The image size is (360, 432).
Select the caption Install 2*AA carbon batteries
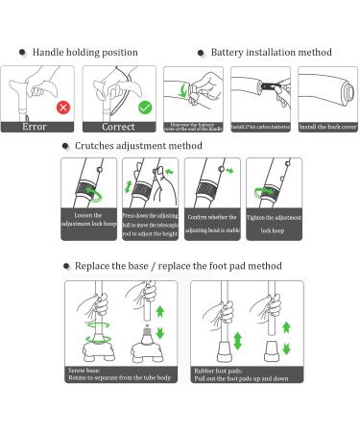[261, 126]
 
